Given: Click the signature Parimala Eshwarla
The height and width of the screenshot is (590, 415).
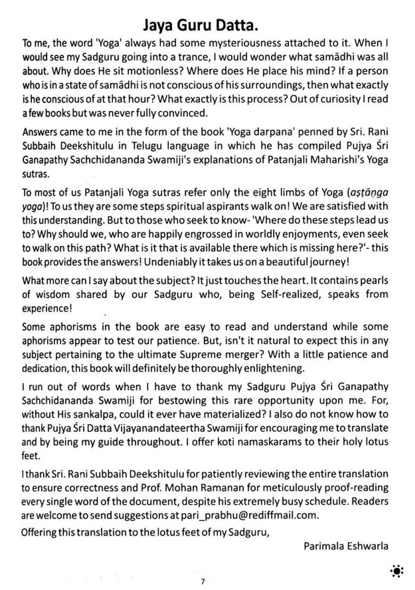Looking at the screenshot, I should tap(346, 545).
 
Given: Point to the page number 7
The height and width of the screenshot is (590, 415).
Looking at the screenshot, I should tap(203, 581).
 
